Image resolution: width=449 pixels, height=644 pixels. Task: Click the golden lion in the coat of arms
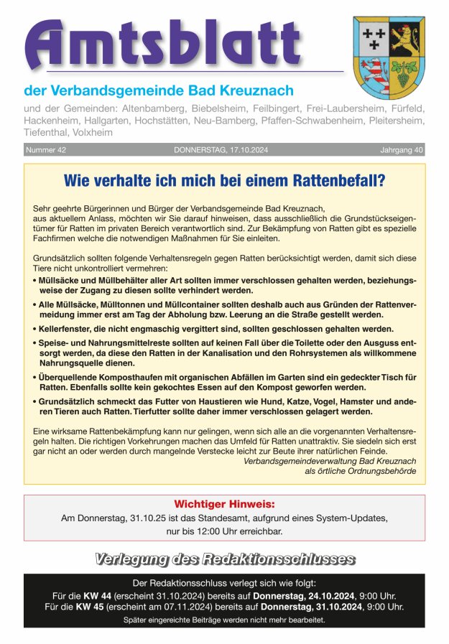tap(407, 40)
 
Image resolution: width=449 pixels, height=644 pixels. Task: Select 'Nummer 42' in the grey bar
tap(46, 150)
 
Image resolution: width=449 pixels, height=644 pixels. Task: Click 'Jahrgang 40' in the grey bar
tap(402, 150)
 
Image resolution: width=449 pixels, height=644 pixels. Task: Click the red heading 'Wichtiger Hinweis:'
tap(224, 504)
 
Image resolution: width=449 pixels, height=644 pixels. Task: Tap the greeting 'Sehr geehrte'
tap(57, 207)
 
